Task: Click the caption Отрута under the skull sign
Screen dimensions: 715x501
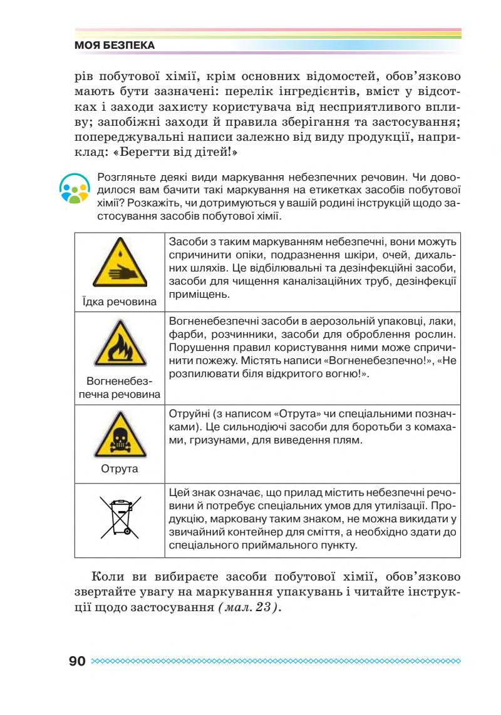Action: (x=119, y=468)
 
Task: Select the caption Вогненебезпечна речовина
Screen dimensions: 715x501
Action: (x=119, y=387)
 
